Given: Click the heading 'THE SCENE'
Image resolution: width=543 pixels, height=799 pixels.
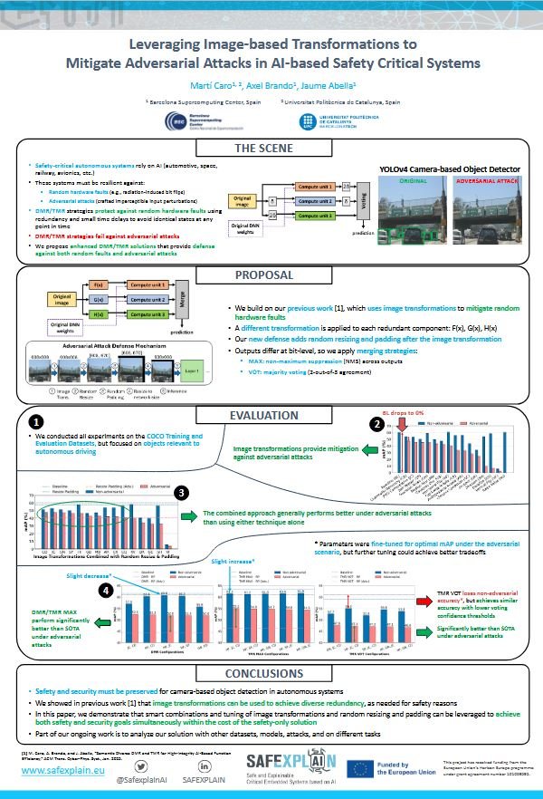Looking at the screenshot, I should [x=271, y=148].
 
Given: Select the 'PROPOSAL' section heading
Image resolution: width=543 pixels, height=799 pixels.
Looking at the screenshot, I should [x=271, y=275].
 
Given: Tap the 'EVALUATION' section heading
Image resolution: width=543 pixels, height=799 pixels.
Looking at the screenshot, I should [x=271, y=416].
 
